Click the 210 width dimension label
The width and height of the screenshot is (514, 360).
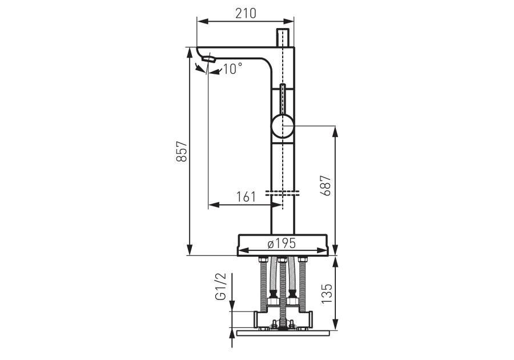click(246, 14)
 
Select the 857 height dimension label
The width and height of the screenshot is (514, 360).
click(182, 151)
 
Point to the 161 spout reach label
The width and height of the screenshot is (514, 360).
click(246, 197)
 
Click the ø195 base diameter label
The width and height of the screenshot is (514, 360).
click(282, 243)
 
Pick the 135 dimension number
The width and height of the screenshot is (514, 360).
click(327, 294)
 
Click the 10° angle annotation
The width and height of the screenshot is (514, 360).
click(232, 69)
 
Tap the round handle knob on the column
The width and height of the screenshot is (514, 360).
click(283, 125)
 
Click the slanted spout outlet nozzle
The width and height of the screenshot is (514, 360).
click(208, 59)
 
